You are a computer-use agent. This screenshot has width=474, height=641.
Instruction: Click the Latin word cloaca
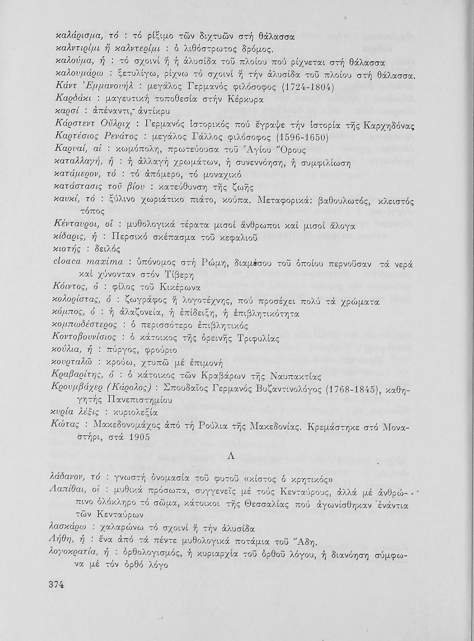[69, 261]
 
